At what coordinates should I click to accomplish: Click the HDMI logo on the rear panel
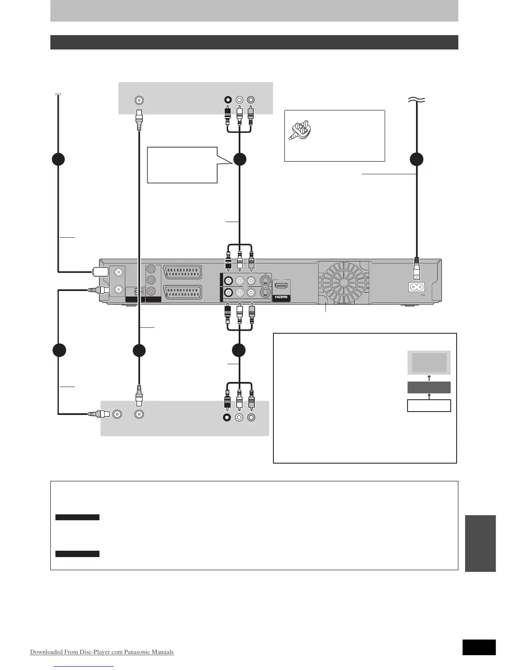pyautogui.click(x=281, y=297)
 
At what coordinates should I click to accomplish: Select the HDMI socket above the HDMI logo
pyautogui.click(x=281, y=286)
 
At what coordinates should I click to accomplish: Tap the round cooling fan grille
pyautogui.click(x=343, y=280)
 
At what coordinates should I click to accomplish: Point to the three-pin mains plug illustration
pyautogui.click(x=300, y=129)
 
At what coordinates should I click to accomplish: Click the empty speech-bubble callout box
pyautogui.click(x=182, y=165)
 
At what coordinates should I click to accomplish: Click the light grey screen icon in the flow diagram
pyautogui.click(x=429, y=362)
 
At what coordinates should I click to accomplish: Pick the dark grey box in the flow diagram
pyautogui.click(x=429, y=387)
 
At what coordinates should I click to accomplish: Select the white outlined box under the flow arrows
pyautogui.click(x=429, y=406)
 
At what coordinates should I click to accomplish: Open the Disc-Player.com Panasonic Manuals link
pyautogui.click(x=102, y=652)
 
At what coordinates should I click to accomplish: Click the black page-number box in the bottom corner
pyautogui.click(x=479, y=647)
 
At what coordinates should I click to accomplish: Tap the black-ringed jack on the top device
pyautogui.click(x=228, y=100)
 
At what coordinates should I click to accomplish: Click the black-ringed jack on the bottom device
pyautogui.click(x=227, y=417)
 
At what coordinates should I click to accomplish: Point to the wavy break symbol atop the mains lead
pyautogui.click(x=417, y=99)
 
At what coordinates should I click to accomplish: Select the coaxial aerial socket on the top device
pyautogui.click(x=139, y=100)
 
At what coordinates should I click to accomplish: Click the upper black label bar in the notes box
pyautogui.click(x=77, y=517)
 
